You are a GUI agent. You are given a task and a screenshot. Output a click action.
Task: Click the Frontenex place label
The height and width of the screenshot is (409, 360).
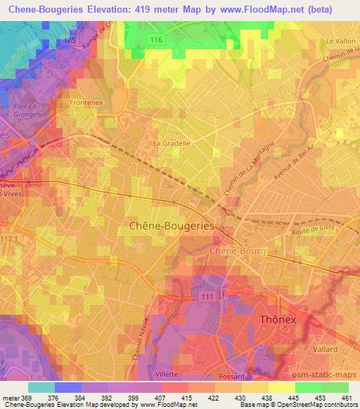(x=87, y=103)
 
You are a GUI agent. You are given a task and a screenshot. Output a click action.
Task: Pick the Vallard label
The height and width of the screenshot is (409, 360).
(x=327, y=349)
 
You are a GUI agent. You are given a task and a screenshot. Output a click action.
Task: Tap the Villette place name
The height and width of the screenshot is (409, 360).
(x=167, y=374)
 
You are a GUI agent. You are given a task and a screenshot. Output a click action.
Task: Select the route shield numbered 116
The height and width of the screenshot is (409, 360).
(x=157, y=41)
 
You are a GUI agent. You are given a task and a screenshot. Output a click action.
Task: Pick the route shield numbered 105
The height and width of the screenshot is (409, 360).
(x=70, y=40)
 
